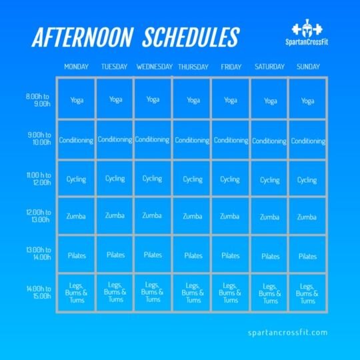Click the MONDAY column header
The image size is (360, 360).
[x=76, y=67]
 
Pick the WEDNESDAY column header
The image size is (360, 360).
[x=154, y=67]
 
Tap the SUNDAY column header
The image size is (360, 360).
[x=307, y=67]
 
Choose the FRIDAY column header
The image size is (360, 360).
[x=231, y=67]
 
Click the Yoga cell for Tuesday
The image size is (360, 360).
[x=115, y=100]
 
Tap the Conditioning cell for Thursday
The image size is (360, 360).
[x=193, y=141]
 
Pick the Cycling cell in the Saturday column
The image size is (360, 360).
[x=270, y=179]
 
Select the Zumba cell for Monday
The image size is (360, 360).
[x=76, y=217]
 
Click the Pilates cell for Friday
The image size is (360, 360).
[x=231, y=255]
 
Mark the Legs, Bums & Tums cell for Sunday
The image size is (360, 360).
[x=307, y=293]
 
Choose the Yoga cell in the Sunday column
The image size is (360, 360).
[x=307, y=101]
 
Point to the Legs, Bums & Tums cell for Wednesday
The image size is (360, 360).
[x=153, y=292]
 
